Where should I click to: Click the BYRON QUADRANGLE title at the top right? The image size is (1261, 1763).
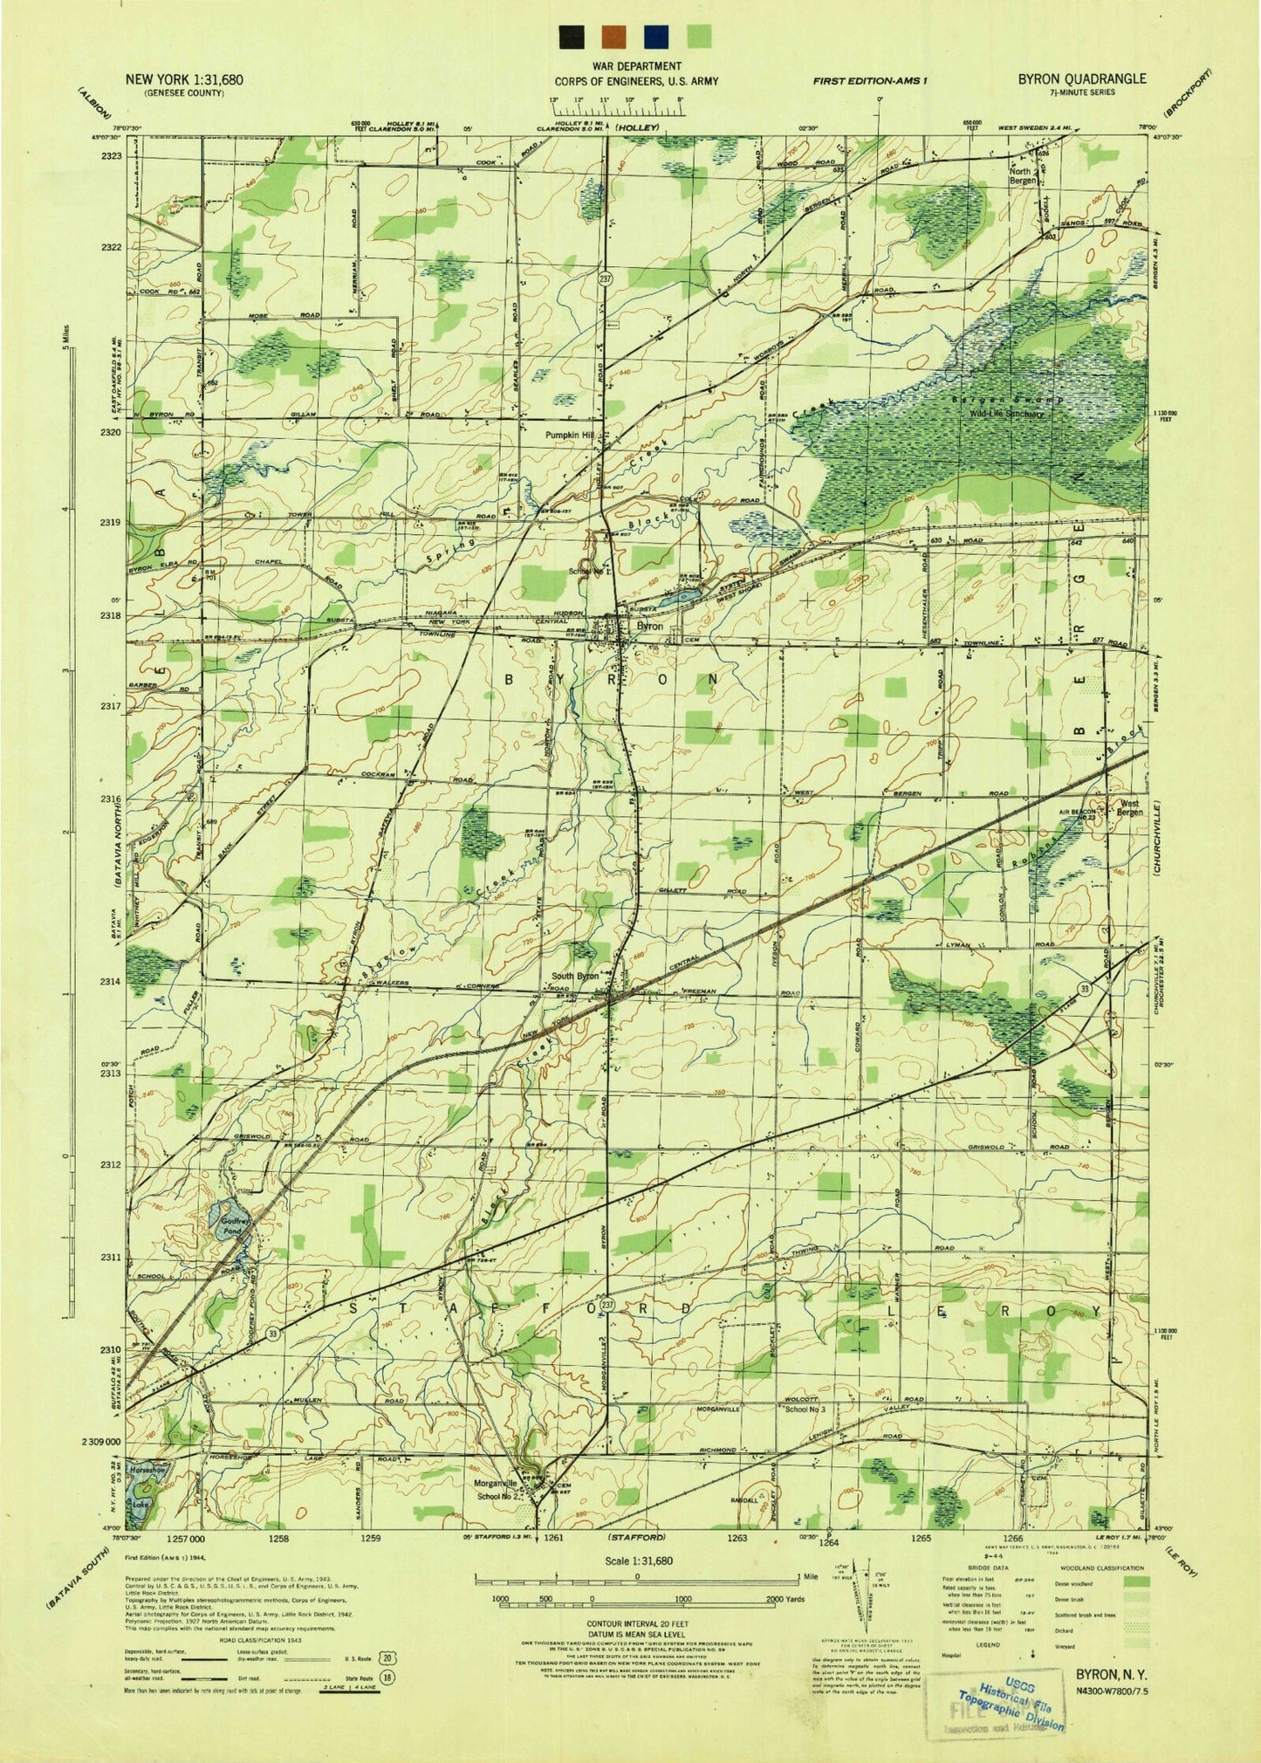[x=1081, y=79]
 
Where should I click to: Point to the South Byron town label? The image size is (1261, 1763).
[x=574, y=976]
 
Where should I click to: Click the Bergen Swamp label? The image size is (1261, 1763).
[x=995, y=399]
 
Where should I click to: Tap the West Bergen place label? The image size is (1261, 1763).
[x=1129, y=807]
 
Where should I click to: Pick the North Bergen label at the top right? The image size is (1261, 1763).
[x=1023, y=175]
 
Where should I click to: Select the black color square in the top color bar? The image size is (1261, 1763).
[x=572, y=37]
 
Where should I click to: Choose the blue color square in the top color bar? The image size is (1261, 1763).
[x=656, y=37]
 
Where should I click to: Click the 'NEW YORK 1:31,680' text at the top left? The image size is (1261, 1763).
[x=184, y=79]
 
